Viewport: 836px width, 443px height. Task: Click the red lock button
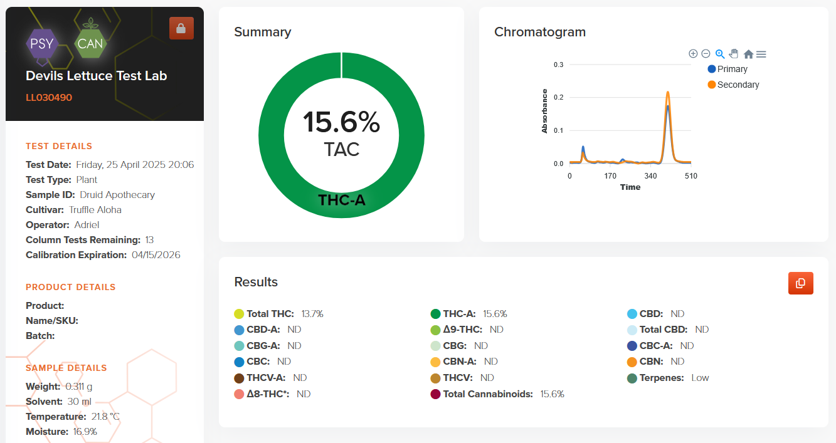tap(181, 28)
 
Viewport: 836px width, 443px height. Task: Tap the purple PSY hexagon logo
tap(43, 44)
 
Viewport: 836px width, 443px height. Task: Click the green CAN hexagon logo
tap(90, 44)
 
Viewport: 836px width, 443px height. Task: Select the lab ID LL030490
tap(49, 98)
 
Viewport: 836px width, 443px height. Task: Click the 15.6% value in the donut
tap(341, 122)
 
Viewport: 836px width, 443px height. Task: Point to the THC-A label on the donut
tap(341, 201)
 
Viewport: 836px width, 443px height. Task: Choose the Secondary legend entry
tap(733, 85)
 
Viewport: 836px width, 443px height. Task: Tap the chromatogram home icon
tap(748, 55)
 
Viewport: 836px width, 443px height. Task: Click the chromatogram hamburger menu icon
tap(761, 55)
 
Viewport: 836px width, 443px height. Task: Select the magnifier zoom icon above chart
tap(720, 54)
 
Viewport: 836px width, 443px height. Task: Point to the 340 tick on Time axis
tap(650, 176)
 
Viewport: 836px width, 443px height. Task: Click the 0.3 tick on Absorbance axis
tap(558, 65)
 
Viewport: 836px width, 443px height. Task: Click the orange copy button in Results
tap(800, 283)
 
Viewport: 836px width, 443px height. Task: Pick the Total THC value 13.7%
tap(312, 314)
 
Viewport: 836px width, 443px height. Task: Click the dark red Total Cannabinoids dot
tap(435, 394)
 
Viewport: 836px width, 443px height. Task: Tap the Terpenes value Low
tap(700, 378)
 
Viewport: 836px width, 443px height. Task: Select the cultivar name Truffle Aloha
tap(95, 210)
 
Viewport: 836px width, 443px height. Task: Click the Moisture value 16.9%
tap(85, 432)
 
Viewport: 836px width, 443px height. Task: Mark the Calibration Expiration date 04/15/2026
tap(156, 255)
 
